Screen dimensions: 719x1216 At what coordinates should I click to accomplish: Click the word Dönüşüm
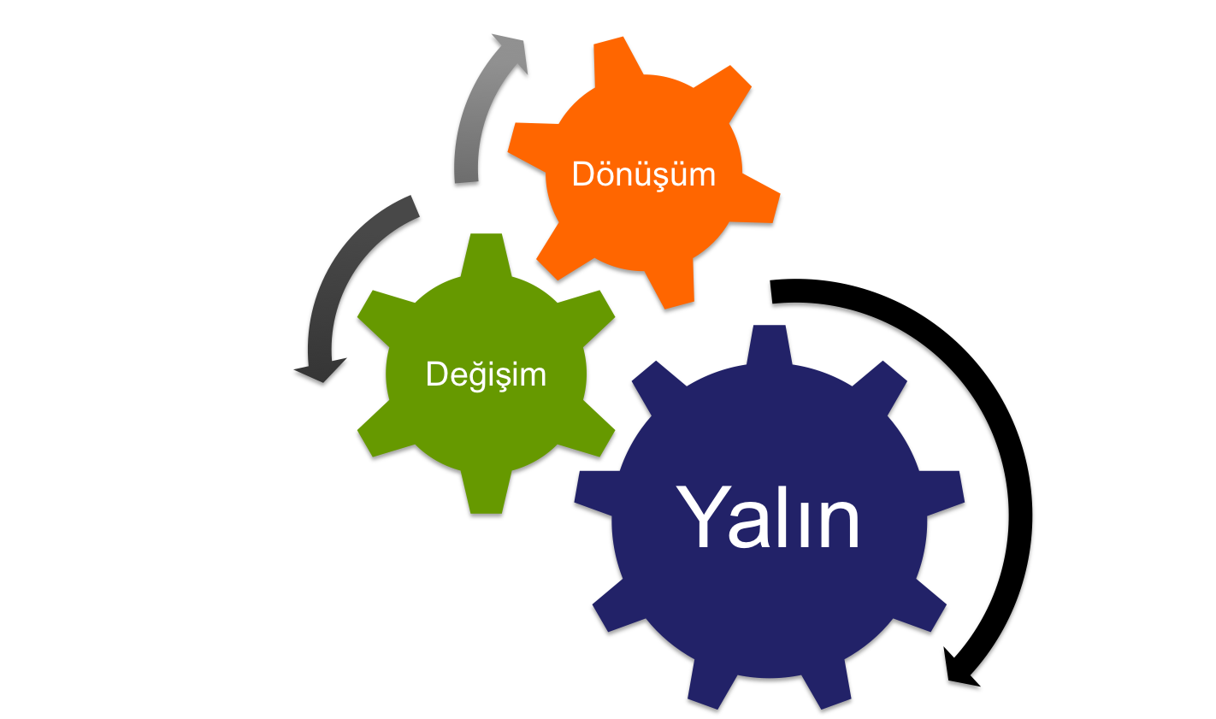click(643, 174)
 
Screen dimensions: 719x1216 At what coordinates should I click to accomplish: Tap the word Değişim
click(486, 374)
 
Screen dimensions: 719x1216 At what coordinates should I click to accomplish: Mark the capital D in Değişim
click(437, 374)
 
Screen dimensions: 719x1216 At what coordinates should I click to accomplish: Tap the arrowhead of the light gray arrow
click(511, 53)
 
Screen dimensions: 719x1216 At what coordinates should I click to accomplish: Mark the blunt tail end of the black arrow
click(774, 294)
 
